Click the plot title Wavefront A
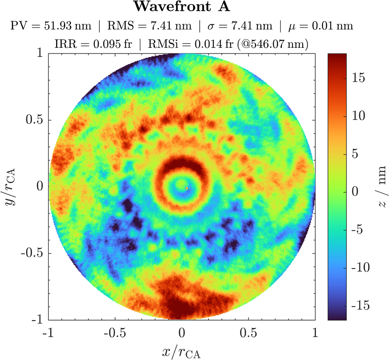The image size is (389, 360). click(x=182, y=6)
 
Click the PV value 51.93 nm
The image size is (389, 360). click(x=67, y=26)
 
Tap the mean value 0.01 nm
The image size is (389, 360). click(x=333, y=26)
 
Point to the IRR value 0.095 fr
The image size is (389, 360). click(x=112, y=44)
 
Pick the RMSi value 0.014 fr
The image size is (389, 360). click(x=214, y=44)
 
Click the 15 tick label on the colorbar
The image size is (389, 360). click(x=359, y=78)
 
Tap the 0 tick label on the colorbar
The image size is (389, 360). click(x=355, y=192)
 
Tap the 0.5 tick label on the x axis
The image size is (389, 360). click(x=248, y=333)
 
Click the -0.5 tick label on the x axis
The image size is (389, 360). click(x=115, y=333)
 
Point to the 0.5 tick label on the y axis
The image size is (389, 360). click(x=34, y=120)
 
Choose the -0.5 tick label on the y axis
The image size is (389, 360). click(x=32, y=253)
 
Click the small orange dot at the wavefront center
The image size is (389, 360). click(x=187, y=188)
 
